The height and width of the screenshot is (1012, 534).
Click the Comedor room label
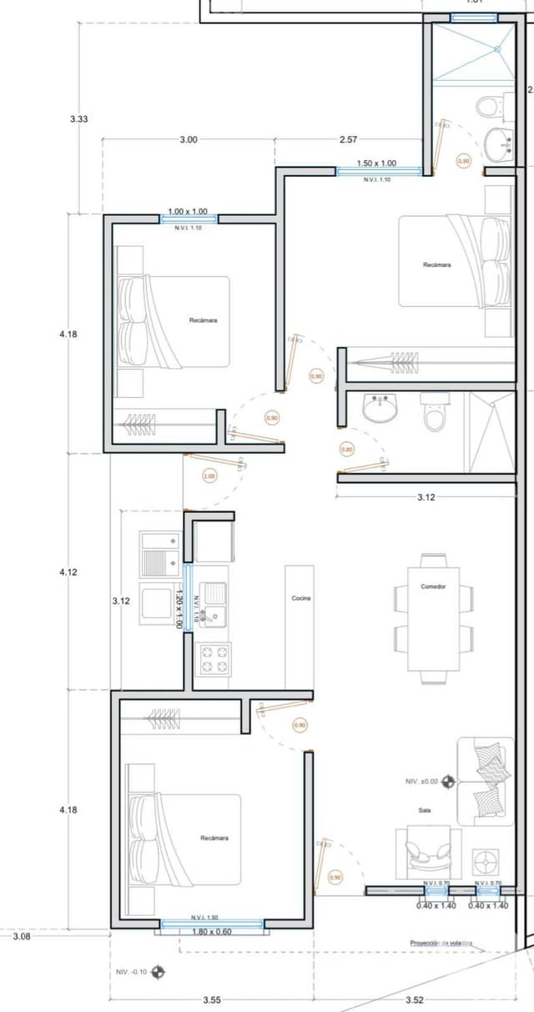[x=433, y=587]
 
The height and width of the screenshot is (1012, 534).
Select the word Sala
[x=424, y=810]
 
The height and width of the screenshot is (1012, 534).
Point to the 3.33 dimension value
[x=78, y=119]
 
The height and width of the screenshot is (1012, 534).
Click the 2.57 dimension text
[x=349, y=139]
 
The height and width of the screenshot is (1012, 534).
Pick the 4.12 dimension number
[x=68, y=572]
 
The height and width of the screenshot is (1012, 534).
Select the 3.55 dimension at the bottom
[x=212, y=999]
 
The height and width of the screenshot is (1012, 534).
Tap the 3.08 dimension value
[x=22, y=936]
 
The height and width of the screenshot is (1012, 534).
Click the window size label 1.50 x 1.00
[x=376, y=164]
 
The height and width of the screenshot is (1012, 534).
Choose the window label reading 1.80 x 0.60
[x=212, y=932]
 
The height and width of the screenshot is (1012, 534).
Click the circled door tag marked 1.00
[x=209, y=476]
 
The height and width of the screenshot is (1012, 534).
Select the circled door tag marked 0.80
[x=347, y=450]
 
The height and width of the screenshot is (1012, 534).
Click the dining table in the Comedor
[x=433, y=619]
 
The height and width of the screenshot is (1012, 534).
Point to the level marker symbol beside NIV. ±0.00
[x=449, y=782]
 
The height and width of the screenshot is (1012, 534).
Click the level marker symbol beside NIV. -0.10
[x=157, y=972]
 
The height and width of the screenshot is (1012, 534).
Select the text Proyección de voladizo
[x=441, y=943]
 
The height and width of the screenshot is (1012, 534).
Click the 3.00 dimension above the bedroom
[x=189, y=139]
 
